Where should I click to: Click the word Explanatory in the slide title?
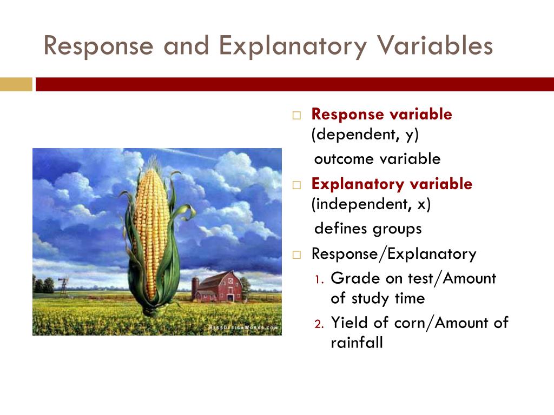pyautogui.click(x=293, y=46)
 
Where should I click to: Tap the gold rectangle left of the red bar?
pyautogui.click(x=16, y=84)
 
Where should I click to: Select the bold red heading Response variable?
pyautogui.click(x=381, y=115)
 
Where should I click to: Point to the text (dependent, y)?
pyautogui.click(x=365, y=135)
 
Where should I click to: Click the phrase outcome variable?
pyautogui.click(x=377, y=159)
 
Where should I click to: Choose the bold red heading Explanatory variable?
pyautogui.click(x=392, y=184)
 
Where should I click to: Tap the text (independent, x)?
pyautogui.click(x=371, y=204)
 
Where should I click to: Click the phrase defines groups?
pyautogui.click(x=368, y=229)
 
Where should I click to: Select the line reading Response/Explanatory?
pyautogui.click(x=394, y=254)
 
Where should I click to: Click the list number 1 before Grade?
pyautogui.click(x=319, y=280)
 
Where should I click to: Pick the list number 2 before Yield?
pyautogui.click(x=319, y=324)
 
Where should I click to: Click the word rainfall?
pyautogui.click(x=357, y=343)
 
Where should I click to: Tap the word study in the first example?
pyautogui.click(x=370, y=299)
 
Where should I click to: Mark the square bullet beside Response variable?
pyautogui.click(x=296, y=116)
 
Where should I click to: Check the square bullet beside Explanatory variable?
pyautogui.click(x=296, y=185)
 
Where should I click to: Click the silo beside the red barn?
pyautogui.click(x=195, y=287)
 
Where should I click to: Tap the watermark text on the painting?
pyautogui.click(x=243, y=327)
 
